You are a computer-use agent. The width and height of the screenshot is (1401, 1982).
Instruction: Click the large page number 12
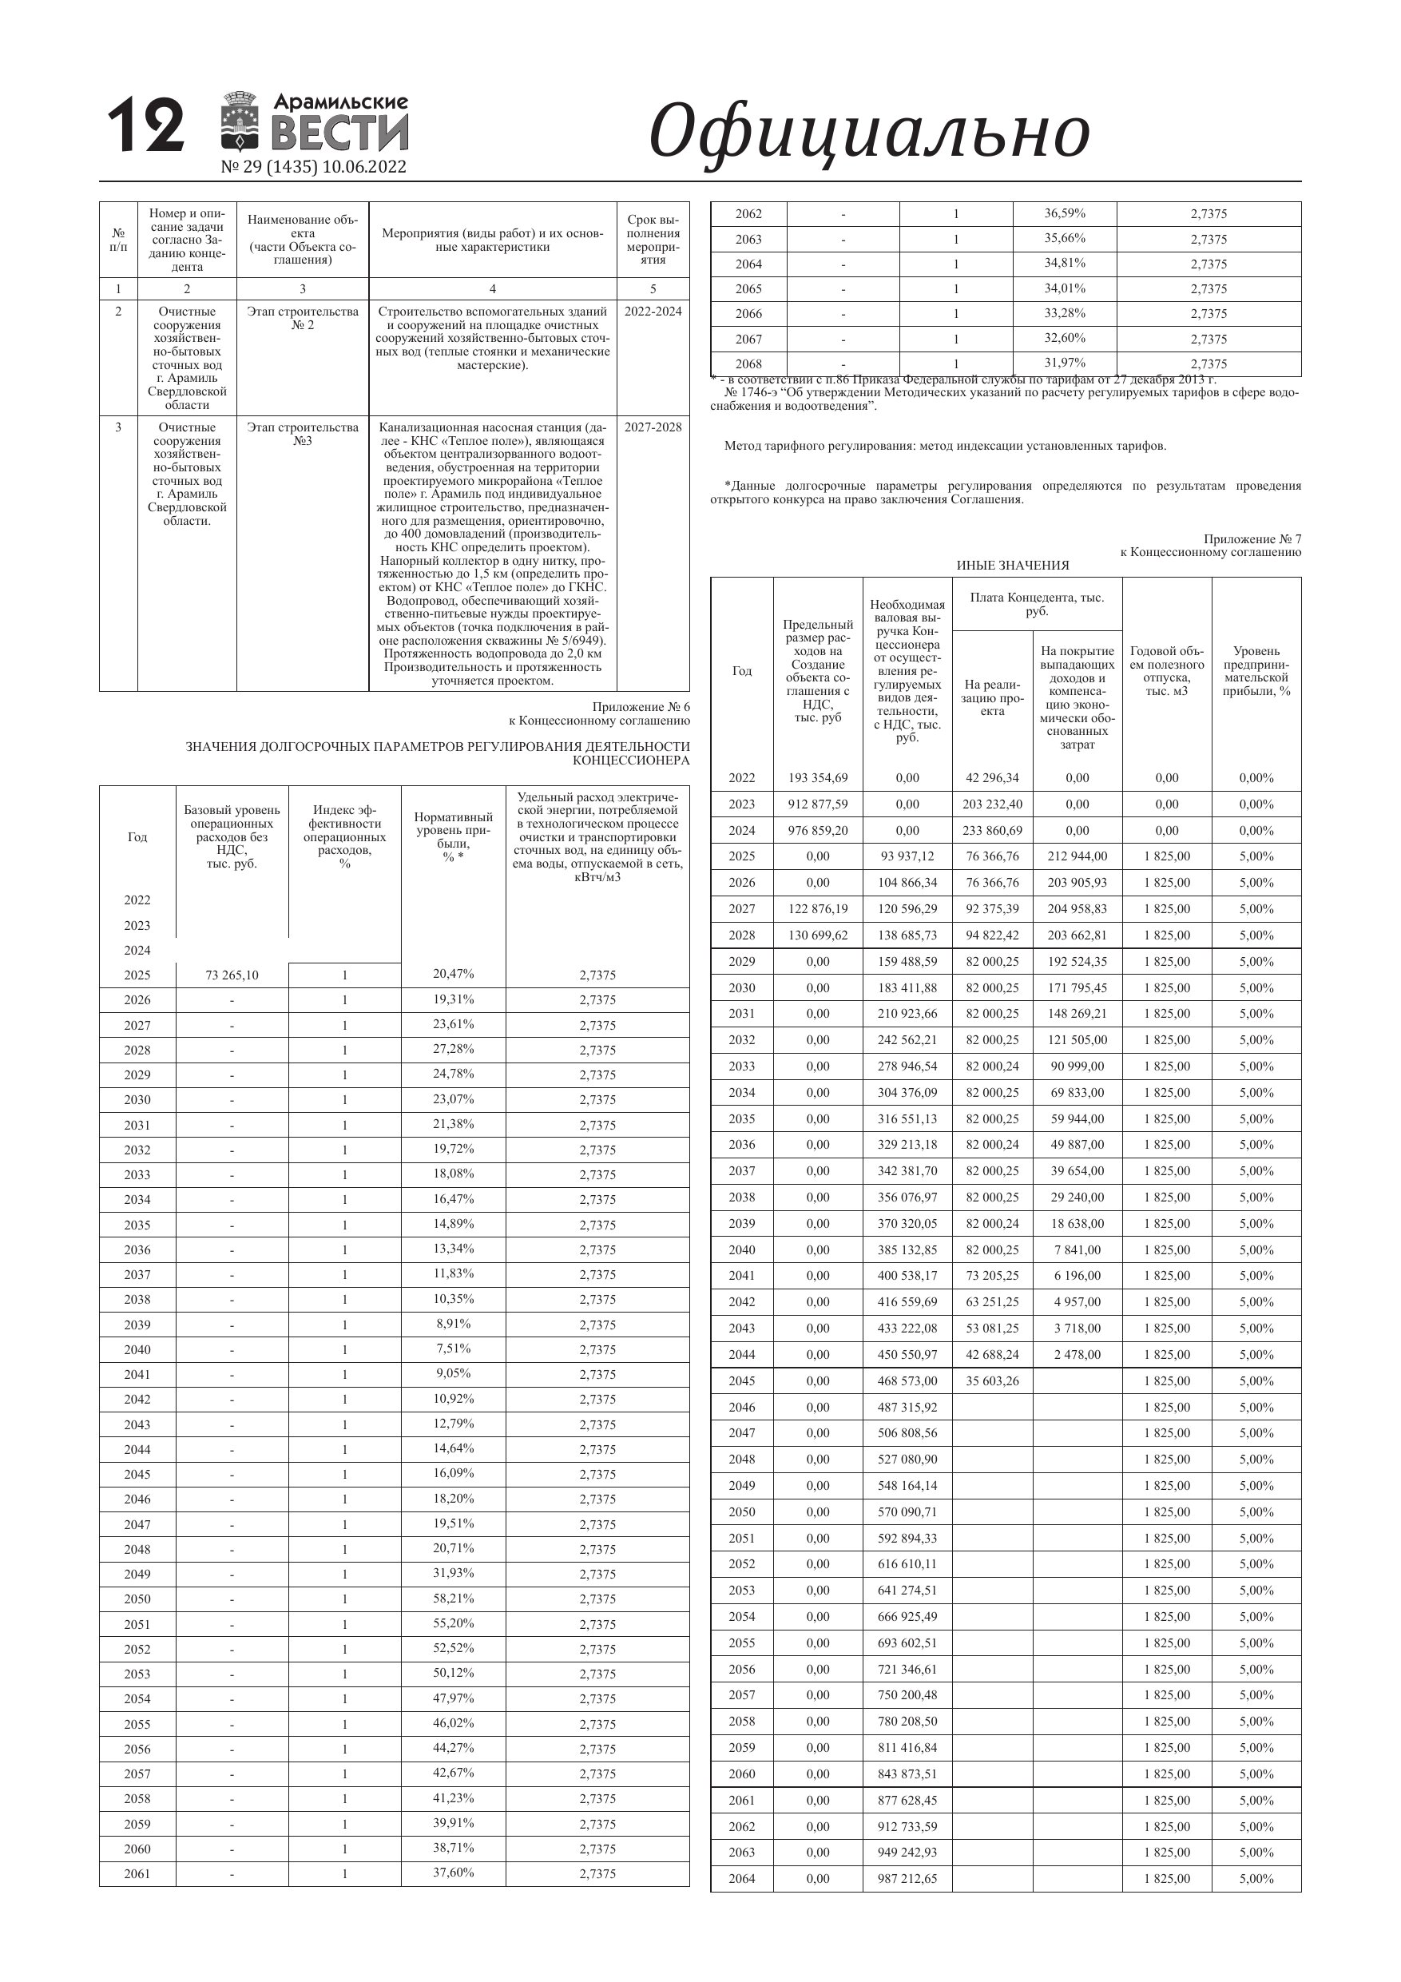tap(145, 126)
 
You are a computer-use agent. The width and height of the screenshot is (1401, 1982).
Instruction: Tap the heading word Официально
tap(868, 131)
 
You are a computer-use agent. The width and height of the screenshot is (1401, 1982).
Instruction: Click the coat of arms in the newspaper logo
tap(242, 121)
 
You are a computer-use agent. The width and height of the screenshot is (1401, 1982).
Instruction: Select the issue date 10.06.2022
tap(363, 167)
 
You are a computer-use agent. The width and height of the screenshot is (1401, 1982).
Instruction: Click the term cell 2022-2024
tap(653, 312)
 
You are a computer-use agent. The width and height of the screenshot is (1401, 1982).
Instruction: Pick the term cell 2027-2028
tap(653, 427)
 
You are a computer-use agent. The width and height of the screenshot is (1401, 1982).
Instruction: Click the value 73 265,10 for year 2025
tap(232, 975)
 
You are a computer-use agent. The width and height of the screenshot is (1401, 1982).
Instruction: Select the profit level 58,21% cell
tap(453, 1598)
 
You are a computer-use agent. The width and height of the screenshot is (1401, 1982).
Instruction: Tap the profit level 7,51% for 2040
tap(453, 1348)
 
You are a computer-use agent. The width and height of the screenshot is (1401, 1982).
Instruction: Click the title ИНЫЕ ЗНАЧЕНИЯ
tap(1012, 566)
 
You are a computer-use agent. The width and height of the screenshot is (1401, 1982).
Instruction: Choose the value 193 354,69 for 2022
tap(817, 778)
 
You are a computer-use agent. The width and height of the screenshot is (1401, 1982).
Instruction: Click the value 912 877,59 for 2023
tap(817, 804)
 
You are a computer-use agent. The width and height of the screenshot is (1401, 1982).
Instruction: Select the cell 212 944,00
tap(1077, 856)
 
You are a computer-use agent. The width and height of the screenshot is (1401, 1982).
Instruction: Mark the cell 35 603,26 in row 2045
tap(992, 1381)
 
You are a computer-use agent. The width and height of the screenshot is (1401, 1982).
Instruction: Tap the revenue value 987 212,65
tap(907, 1878)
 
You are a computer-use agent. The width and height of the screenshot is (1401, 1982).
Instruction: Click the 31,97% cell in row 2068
tap(1065, 363)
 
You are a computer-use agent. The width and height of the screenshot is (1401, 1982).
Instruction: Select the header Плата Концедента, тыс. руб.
tap(1036, 604)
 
